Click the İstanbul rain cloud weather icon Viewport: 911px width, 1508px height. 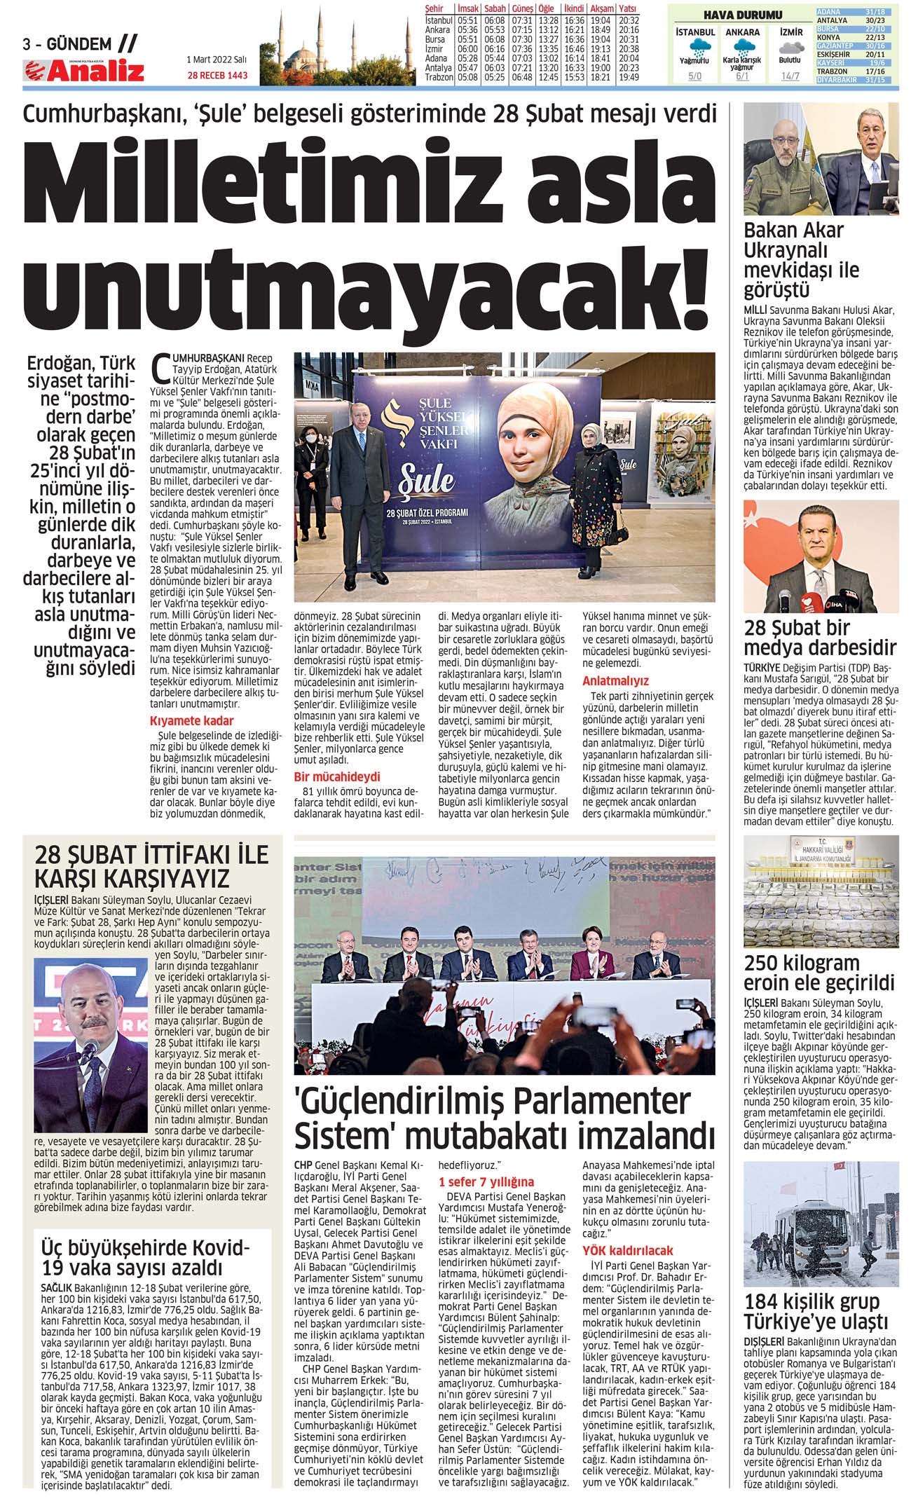pyautogui.click(x=695, y=48)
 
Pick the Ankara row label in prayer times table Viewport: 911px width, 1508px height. pyautogui.click(x=438, y=30)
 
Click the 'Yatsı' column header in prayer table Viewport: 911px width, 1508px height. pyautogui.click(x=628, y=8)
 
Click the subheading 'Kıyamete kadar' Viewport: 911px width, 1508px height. pyautogui.click(x=191, y=720)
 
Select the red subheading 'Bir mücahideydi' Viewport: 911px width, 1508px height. pyautogui.click(x=337, y=776)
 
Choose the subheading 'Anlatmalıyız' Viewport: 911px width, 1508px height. pyautogui.click(x=615, y=680)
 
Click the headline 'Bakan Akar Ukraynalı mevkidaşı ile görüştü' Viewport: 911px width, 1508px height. pyautogui.click(x=802, y=260)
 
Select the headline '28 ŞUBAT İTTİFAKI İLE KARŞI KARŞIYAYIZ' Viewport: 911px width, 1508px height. pyautogui.click(x=152, y=866)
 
